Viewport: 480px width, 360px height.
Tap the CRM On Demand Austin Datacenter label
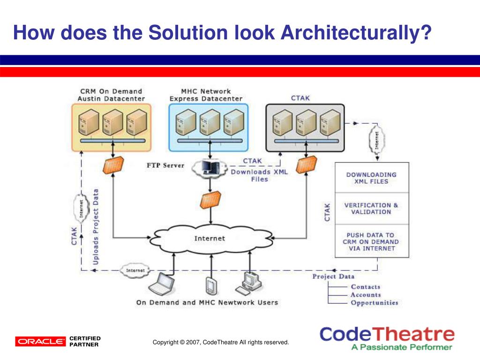111,95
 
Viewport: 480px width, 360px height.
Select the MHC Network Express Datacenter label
206,95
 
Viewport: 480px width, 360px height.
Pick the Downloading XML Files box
371,178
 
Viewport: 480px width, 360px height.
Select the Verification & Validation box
371,209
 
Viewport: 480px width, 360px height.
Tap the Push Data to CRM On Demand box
371,241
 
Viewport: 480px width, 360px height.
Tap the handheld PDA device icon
210,285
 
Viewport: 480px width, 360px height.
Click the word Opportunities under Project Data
374,303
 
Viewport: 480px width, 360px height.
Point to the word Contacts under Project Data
365,287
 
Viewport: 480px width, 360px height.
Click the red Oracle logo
40,341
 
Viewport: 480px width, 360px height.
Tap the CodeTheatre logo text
387,335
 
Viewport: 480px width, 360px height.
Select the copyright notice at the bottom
221,343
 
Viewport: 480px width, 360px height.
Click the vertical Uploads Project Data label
96,226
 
